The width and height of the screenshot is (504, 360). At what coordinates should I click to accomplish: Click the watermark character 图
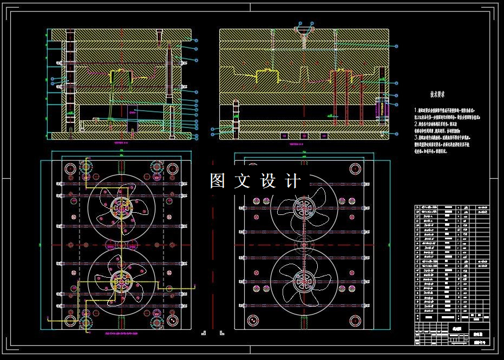(218, 181)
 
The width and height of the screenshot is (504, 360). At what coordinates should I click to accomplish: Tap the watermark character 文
(243, 181)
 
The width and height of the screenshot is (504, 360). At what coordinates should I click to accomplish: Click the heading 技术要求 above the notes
(437, 94)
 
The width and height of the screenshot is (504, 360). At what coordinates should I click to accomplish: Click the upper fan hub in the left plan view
(121, 206)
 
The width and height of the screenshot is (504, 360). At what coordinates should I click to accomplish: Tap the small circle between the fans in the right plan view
(303, 244)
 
